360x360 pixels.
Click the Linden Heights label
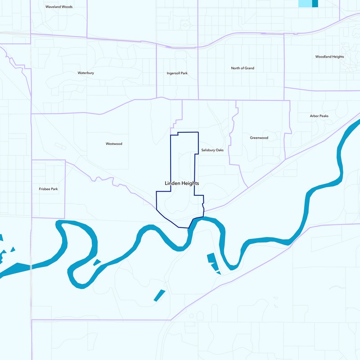[181, 184]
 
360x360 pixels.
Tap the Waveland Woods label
[59, 7]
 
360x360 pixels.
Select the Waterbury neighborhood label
[85, 72]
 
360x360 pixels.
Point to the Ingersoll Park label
[177, 73]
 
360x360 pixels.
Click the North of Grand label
[243, 68]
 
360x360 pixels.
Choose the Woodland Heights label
[329, 57]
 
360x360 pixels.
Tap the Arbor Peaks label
[319, 116]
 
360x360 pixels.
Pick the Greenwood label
[259, 138]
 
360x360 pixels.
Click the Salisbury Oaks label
[212, 150]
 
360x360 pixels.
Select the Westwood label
[114, 144]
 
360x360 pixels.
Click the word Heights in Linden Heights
[190, 184]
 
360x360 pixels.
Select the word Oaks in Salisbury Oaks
[220, 150]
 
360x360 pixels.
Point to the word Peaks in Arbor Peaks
[324, 116]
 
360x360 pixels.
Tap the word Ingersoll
[173, 73]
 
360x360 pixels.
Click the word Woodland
[324, 57]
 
